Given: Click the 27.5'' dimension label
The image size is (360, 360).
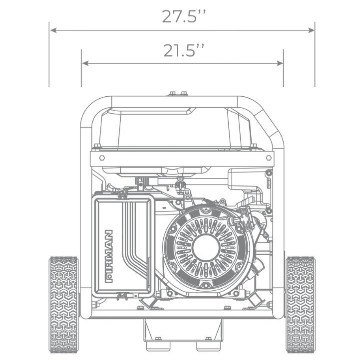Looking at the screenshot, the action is (x=183, y=16).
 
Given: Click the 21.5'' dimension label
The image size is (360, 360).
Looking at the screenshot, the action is (x=183, y=50).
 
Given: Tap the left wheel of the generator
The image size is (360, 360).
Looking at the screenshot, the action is (x=64, y=305).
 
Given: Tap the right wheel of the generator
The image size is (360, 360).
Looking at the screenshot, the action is (x=300, y=305).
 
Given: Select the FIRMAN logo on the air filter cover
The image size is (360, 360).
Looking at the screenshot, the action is (x=109, y=256).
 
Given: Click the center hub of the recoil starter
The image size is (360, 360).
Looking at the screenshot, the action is (x=206, y=247).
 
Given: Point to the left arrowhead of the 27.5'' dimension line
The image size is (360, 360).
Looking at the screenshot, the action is (x=53, y=30).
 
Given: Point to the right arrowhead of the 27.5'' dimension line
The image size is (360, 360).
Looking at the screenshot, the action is (x=311, y=30).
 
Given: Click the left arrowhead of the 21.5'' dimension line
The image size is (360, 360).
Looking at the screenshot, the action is (x=85, y=63).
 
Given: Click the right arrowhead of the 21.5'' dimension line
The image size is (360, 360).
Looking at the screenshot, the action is (x=280, y=63).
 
